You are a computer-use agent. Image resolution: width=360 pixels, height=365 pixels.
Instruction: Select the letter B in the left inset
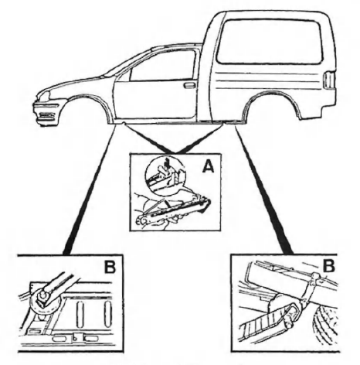coord(110,267)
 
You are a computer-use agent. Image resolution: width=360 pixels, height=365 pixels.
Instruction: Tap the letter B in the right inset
coord(329,265)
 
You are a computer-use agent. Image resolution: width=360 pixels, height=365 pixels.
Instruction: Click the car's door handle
coord(189,85)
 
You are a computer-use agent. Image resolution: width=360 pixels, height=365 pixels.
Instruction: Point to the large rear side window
coord(269,41)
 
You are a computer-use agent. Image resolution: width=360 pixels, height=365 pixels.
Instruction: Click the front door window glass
coord(162,66)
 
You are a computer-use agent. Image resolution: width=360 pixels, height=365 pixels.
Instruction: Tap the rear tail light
coord(329,80)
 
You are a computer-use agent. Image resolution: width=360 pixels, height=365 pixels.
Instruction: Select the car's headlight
coord(43,95)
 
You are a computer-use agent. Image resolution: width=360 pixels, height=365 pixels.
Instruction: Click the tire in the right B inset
coord(325,327)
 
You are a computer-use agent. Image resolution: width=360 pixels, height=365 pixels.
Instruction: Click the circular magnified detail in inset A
coord(165,174)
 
